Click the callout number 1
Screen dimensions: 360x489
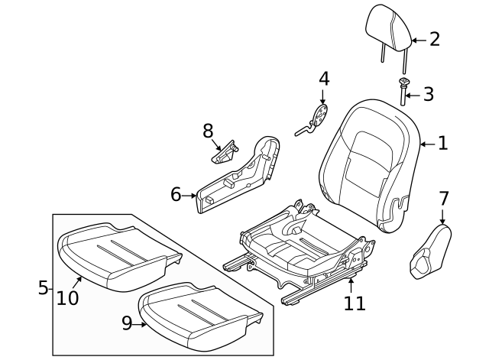tap(442, 143)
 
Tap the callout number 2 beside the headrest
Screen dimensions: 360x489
tap(434, 40)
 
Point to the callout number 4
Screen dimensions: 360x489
tap(323, 79)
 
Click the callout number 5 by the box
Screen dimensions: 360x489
tap(43, 287)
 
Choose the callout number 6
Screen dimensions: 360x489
tap(176, 195)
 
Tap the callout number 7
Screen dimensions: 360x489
tap(443, 199)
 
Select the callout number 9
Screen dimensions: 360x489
tap(126, 324)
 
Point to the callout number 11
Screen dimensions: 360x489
tap(354, 303)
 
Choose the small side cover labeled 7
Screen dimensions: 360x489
tap(429, 251)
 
